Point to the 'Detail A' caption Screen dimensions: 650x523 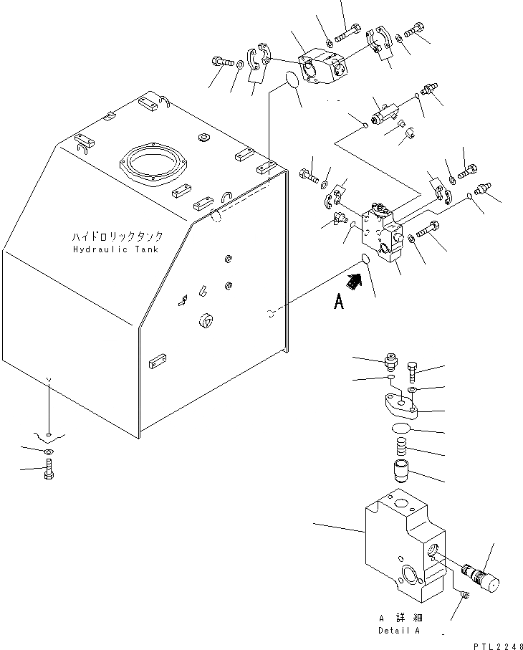coord(398,630)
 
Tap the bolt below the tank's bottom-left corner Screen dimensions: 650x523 coord(48,470)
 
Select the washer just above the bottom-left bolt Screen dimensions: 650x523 coord(47,451)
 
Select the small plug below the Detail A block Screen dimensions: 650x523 coord(464,596)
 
